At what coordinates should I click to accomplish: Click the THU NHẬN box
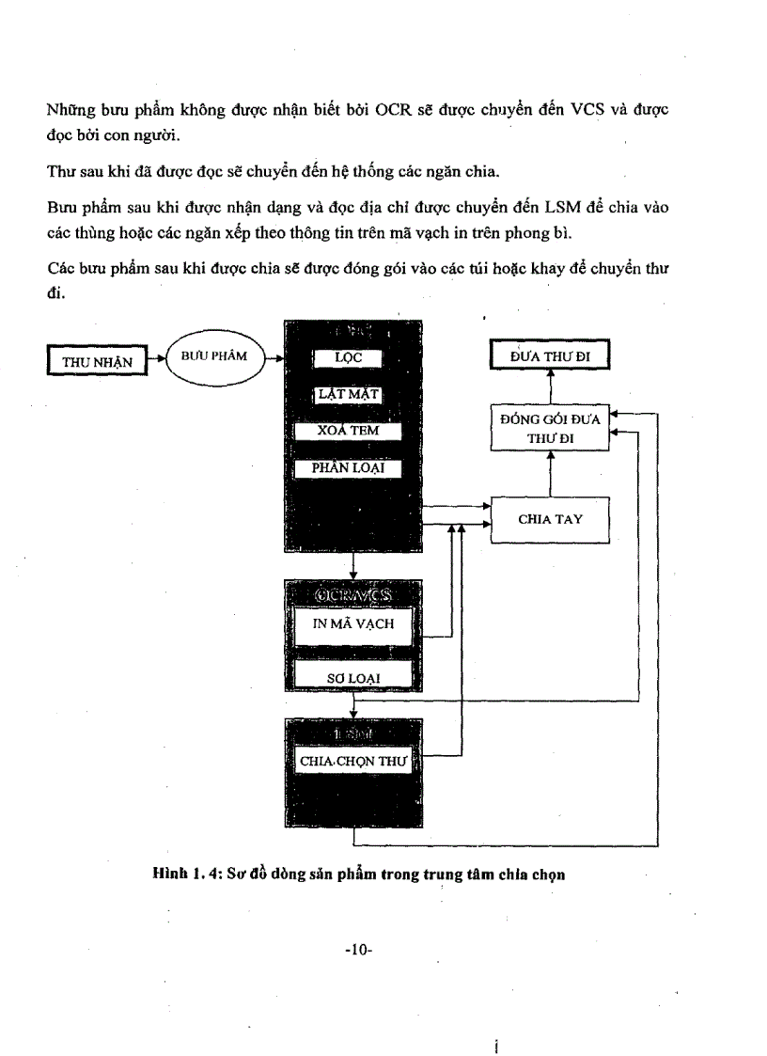point(97,361)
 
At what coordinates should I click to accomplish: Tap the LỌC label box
point(348,358)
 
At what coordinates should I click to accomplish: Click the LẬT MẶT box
point(348,394)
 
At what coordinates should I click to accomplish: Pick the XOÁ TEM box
point(348,431)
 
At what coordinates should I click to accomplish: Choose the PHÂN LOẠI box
point(348,467)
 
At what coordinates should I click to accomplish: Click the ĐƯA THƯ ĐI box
point(550,356)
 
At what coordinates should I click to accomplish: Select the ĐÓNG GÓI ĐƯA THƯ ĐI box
point(550,429)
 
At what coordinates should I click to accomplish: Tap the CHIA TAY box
point(550,519)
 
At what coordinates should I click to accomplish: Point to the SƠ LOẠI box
point(353,676)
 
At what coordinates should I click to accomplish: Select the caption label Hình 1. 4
point(187,874)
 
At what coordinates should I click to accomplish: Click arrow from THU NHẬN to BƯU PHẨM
point(155,358)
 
